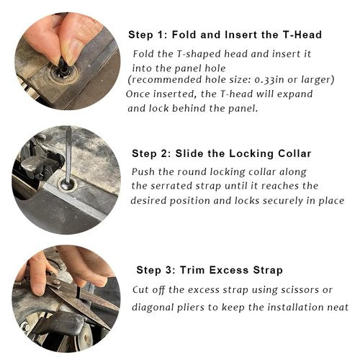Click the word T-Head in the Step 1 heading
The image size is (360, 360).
(x=302, y=35)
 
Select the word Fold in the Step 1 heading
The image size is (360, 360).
(x=184, y=35)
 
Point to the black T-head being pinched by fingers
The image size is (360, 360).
(x=62, y=65)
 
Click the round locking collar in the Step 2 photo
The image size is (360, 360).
(x=66, y=185)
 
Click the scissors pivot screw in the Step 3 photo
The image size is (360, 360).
(x=56, y=282)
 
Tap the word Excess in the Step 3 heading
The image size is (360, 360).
(x=229, y=270)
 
